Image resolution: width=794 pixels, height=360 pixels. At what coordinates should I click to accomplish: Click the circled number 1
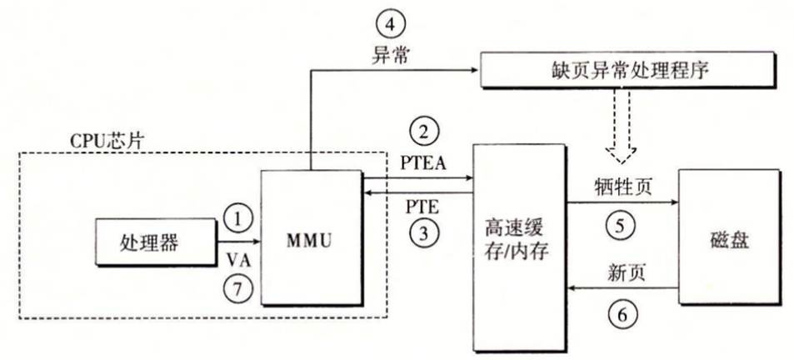tap(238, 219)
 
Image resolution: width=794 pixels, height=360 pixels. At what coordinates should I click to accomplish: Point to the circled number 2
tap(424, 131)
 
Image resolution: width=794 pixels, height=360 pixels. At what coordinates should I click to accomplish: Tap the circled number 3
tap(424, 234)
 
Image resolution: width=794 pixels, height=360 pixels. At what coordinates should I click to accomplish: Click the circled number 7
tap(238, 288)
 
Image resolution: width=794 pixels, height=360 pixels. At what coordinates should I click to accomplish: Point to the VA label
tap(238, 259)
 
